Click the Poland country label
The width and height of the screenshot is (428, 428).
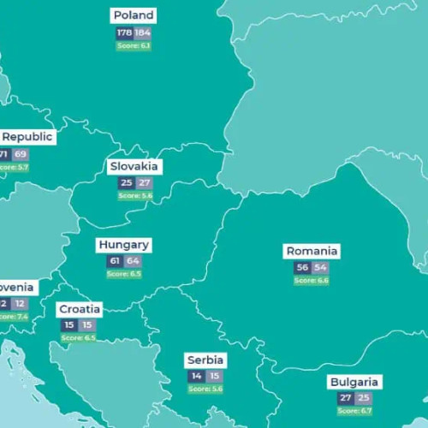134,15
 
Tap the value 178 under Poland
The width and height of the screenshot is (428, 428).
124,33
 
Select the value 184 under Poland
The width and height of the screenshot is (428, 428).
142,33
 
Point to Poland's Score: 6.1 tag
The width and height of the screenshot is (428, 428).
134,45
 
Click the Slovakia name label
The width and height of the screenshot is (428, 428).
134,166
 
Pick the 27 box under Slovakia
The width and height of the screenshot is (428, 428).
144,183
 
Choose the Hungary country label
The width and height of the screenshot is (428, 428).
123,245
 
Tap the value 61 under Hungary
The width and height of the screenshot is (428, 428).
115,261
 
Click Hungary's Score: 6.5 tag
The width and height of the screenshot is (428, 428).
124,274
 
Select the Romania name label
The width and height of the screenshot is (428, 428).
312,251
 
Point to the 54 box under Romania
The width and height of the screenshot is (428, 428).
320,268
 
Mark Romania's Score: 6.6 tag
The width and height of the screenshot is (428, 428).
312,281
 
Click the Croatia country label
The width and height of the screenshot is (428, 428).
79,309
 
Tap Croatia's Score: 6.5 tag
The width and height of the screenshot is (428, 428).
79,338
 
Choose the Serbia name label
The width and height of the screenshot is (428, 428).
205,360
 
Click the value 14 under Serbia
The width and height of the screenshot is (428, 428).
196,377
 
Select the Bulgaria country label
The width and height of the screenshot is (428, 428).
354,382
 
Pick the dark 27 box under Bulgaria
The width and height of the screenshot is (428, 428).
345,399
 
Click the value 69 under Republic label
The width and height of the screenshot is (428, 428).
21,154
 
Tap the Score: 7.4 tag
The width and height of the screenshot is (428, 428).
12,317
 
